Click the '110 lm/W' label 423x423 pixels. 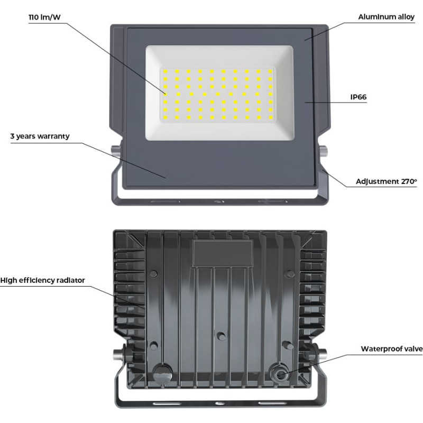pyautogui.click(x=44, y=17)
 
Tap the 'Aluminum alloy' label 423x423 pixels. pyautogui.click(x=387, y=17)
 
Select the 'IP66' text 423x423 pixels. pyautogui.click(x=358, y=97)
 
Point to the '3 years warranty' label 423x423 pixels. pyautogui.click(x=40, y=136)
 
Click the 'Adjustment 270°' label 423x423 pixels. pyautogui.click(x=387, y=181)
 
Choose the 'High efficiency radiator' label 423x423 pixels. pyautogui.click(x=43, y=281)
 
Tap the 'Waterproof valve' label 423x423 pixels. pyautogui.click(x=392, y=349)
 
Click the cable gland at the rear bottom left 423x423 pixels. pyautogui.click(x=162, y=373)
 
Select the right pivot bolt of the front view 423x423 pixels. pyautogui.click(x=323, y=151)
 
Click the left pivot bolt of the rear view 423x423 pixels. pyautogui.click(x=118, y=353)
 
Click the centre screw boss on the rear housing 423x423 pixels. pyautogui.click(x=221, y=336)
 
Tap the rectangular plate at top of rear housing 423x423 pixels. pyautogui.click(x=223, y=254)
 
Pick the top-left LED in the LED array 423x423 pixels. pyautogui.click(x=165, y=71)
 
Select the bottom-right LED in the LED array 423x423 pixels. pyautogui.click(x=271, y=117)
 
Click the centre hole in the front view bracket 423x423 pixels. pyautogui.click(x=219, y=201)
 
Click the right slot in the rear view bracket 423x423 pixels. pyautogui.click(x=272, y=403)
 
